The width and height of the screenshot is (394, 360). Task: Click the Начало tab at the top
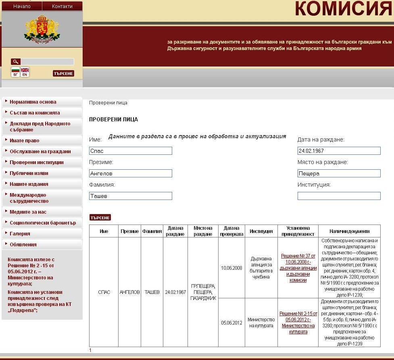click(22, 6)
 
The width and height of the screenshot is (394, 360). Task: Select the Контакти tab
click(62, 6)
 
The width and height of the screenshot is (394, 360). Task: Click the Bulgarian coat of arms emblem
click(42, 29)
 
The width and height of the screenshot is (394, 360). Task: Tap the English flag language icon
click(25, 72)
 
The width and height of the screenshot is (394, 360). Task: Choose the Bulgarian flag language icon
click(15, 72)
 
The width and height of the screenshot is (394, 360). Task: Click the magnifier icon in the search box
click(16, 62)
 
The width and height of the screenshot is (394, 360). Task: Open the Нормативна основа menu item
click(33, 102)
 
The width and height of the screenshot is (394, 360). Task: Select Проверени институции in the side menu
click(37, 162)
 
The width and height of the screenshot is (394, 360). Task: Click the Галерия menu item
click(20, 234)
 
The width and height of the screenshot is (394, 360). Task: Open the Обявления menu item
click(23, 245)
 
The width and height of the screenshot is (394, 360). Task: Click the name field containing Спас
click(131, 151)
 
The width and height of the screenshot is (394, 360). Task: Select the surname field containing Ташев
click(131, 196)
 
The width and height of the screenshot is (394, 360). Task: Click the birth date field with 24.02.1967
click(339, 151)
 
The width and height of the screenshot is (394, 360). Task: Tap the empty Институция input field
click(339, 196)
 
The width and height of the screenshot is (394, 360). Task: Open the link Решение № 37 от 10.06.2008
click(298, 268)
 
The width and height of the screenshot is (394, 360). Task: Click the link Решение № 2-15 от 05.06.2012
click(298, 323)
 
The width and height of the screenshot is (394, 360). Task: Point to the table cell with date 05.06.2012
click(231, 323)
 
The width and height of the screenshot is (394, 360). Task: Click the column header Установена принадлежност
click(298, 231)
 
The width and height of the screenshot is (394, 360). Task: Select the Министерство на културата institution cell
click(261, 323)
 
